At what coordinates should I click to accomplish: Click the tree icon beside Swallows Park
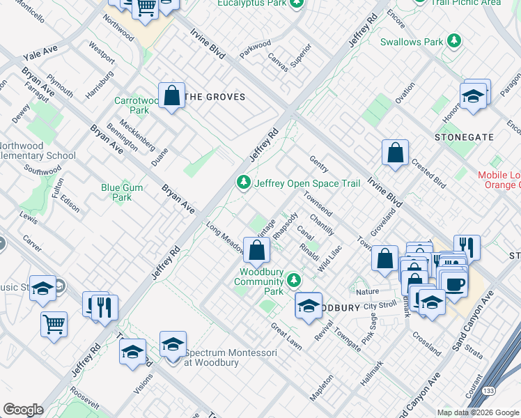454,42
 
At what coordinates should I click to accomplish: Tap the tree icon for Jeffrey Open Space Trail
243,183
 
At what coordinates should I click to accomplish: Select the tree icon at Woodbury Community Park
295,279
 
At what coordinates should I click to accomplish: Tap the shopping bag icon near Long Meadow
257,250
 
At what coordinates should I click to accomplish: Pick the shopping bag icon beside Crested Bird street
395,153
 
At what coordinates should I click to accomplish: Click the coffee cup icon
454,284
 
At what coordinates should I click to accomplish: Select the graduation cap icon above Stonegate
473,97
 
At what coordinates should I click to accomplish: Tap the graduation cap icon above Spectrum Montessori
173,343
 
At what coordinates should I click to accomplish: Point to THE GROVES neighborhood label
215,97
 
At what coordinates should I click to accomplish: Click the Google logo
23,410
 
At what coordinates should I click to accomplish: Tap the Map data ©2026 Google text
478,412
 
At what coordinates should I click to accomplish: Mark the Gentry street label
318,163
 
